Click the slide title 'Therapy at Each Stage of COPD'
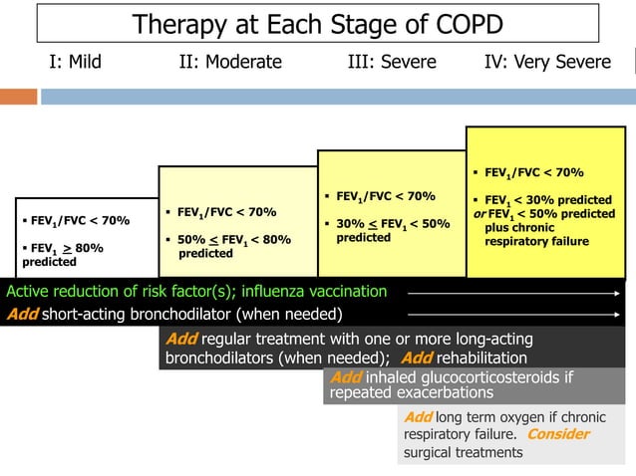(x=317, y=24)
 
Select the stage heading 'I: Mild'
(x=75, y=62)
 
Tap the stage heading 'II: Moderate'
(x=230, y=62)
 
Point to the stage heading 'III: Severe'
(x=392, y=62)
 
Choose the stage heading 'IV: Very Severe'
(x=547, y=62)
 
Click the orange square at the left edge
(x=17, y=97)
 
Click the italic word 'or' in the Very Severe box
(x=479, y=214)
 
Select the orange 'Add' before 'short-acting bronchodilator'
(x=23, y=315)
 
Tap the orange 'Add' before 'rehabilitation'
(x=417, y=358)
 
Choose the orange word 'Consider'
(x=557, y=434)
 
